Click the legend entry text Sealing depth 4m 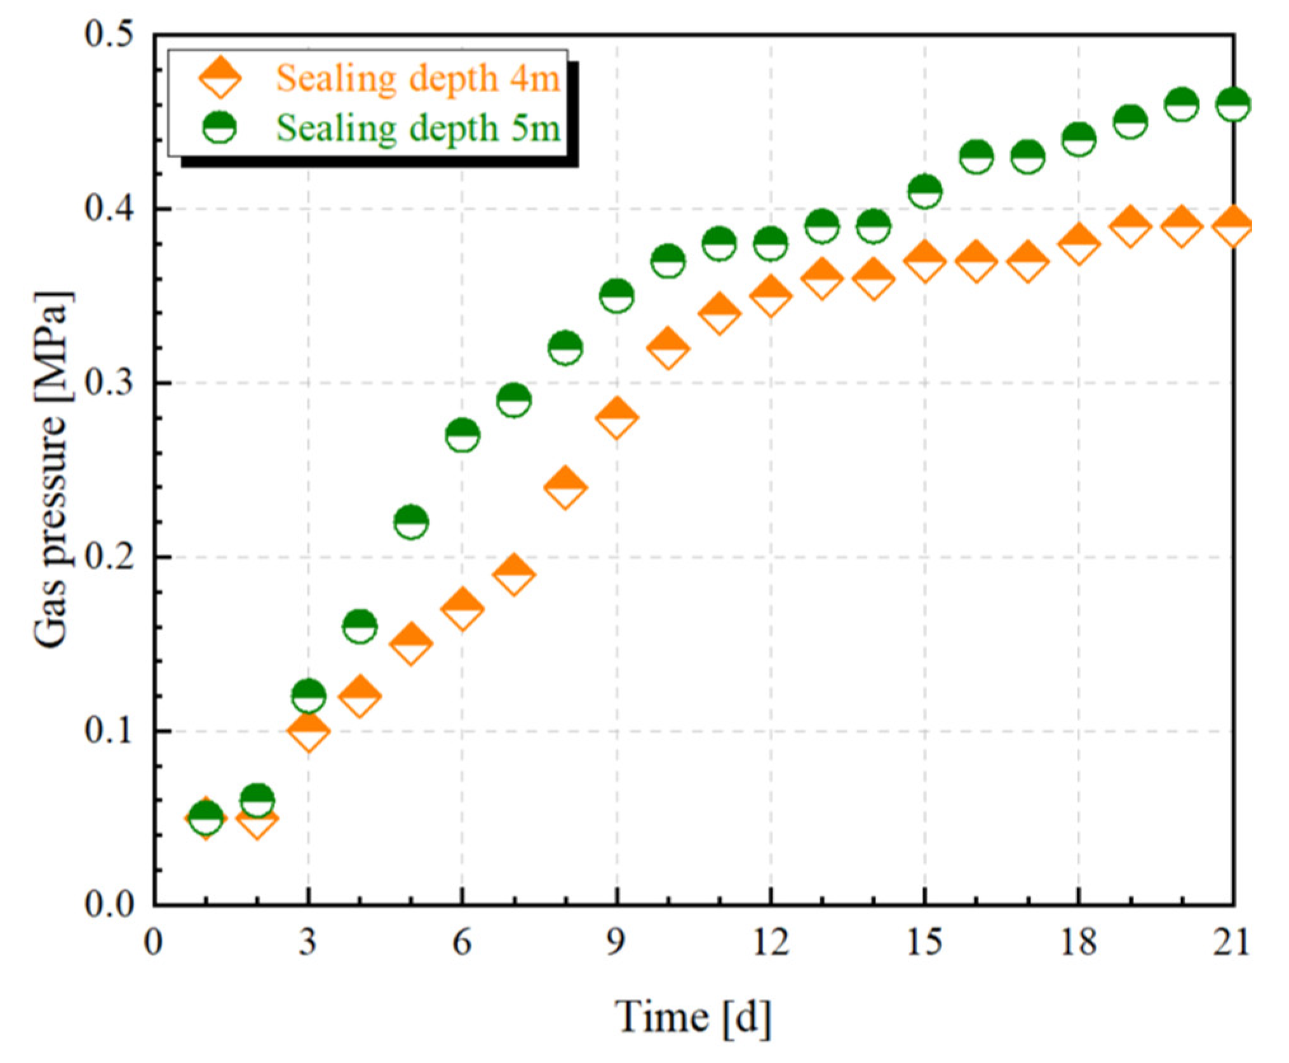point(417,79)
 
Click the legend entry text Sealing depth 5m point(417,128)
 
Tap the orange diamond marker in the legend point(220,78)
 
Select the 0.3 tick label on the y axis point(109,383)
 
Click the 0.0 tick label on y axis point(109,904)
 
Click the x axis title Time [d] point(693,1017)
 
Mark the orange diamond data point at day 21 point(1233,225)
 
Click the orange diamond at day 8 point(565,487)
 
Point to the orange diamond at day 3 point(309,731)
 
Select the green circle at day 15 point(924,191)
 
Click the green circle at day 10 point(668,261)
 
